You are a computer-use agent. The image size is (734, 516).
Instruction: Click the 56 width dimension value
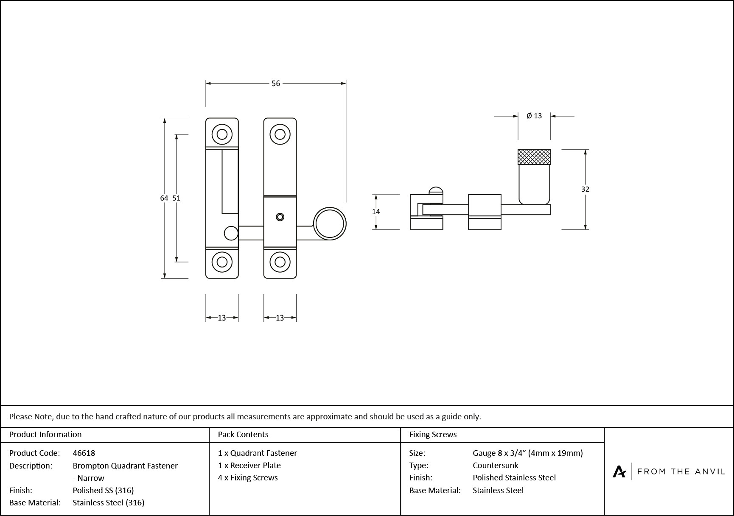tap(276, 84)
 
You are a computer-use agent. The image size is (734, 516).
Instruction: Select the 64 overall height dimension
tap(164, 198)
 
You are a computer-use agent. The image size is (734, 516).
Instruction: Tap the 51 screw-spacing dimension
tap(176, 198)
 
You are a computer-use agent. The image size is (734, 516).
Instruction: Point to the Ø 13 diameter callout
tap(534, 116)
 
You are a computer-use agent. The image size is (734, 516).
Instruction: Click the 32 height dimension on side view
tap(585, 189)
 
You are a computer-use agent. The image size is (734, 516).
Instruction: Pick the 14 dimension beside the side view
tap(376, 212)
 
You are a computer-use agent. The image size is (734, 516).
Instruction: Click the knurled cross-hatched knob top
tap(534, 157)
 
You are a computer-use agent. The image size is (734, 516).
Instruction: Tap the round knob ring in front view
tap(330, 223)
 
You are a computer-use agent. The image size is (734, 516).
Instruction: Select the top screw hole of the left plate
tap(222, 134)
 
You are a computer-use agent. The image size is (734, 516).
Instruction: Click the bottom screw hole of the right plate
tap(280, 262)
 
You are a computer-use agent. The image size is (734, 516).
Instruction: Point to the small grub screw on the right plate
tap(280, 217)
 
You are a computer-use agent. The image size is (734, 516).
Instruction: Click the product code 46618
tap(84, 453)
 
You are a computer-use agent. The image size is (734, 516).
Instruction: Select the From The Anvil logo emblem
tap(619, 471)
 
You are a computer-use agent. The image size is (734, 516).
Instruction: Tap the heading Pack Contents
tap(243, 434)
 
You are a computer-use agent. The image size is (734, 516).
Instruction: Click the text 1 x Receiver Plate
tap(249, 465)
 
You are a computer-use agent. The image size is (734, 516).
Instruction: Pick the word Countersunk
tap(495, 465)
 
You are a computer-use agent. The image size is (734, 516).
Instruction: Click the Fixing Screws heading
tap(433, 434)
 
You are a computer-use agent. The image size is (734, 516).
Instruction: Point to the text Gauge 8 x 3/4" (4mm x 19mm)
tap(527, 453)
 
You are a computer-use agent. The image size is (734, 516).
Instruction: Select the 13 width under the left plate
tap(222, 318)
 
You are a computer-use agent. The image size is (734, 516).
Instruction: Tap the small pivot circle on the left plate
tap(231, 233)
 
